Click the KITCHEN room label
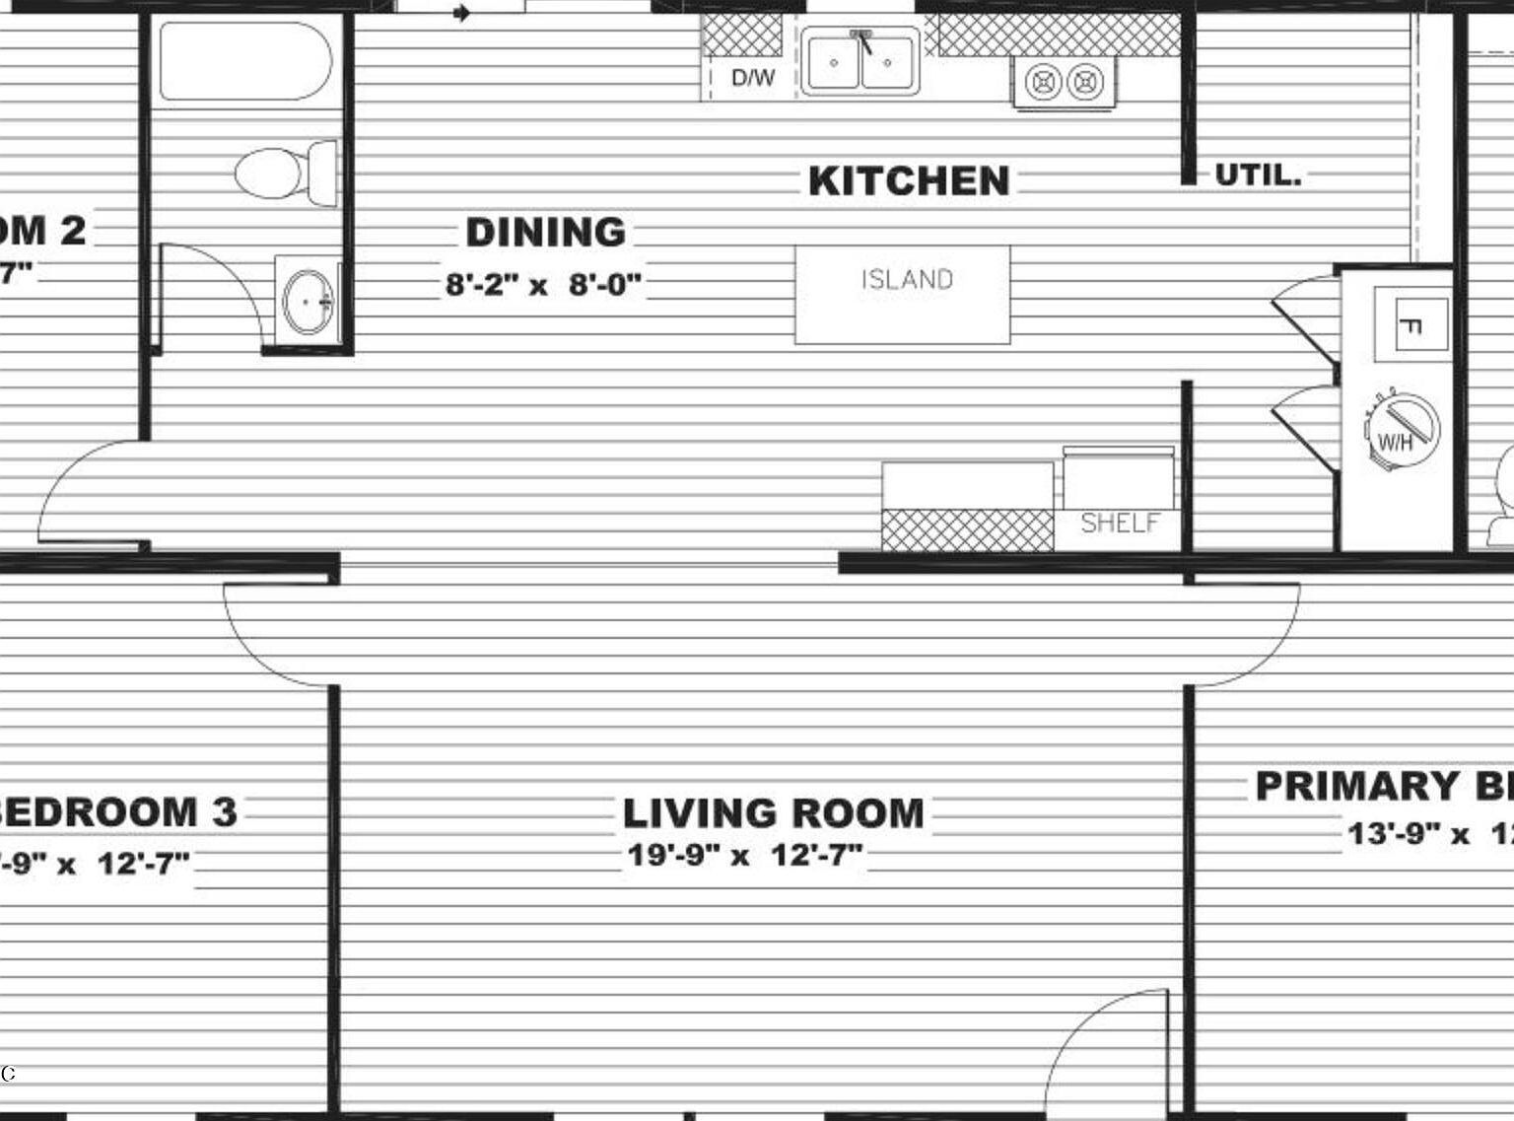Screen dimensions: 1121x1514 tap(909, 181)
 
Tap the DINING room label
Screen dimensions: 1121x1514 tap(546, 233)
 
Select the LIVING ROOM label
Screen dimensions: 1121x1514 tap(774, 813)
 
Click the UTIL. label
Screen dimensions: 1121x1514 tap(1258, 175)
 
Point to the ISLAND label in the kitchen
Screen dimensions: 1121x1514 tap(907, 280)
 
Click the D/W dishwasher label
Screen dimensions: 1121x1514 tap(753, 78)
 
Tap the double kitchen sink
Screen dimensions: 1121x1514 tap(860, 61)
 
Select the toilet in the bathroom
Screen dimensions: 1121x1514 tap(286, 173)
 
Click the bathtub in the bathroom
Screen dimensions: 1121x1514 tap(245, 61)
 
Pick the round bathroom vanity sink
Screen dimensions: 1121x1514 tap(308, 302)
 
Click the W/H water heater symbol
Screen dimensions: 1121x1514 tap(1402, 431)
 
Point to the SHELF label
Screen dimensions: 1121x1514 tap(1120, 523)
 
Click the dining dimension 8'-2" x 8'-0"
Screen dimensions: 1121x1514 tap(544, 285)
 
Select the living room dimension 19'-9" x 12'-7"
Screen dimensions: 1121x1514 tap(745, 855)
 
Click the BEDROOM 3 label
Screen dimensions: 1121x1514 tap(118, 812)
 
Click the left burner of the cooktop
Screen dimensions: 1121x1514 tap(1042, 82)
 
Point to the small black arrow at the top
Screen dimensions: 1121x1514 tap(461, 13)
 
